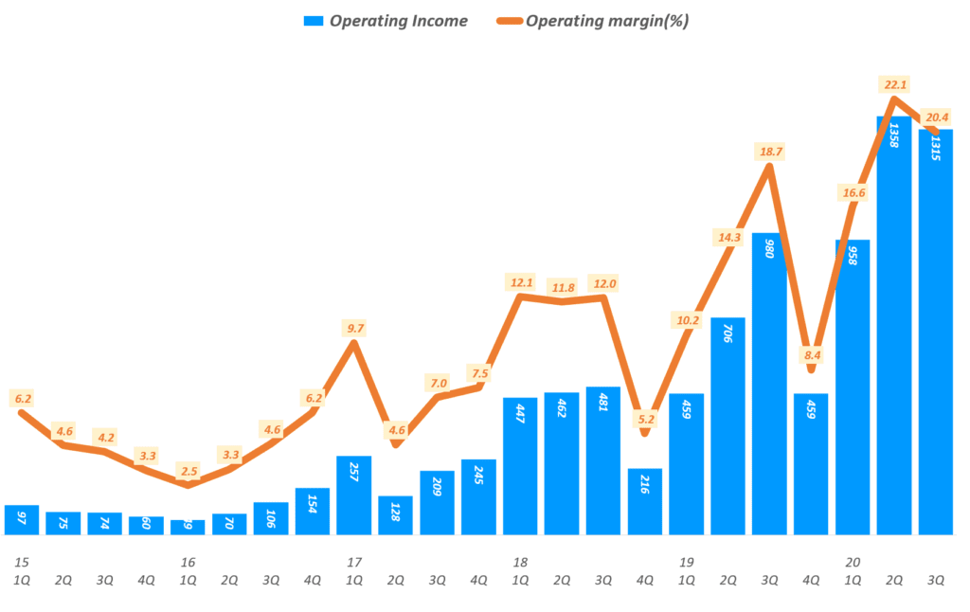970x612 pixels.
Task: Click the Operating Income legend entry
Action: tap(385, 22)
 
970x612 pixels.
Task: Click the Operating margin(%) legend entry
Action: tap(593, 22)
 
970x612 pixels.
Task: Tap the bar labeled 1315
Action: tap(935, 332)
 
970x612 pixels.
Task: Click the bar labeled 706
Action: tap(727, 426)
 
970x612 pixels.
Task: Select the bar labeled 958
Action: tap(853, 387)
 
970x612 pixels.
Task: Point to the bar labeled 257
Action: tap(354, 495)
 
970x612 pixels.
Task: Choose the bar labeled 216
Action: tap(645, 501)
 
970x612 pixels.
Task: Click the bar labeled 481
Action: tap(603, 460)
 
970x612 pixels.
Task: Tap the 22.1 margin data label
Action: tap(893, 85)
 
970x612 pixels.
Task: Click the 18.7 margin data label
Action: tap(769, 152)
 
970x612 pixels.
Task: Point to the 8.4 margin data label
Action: tap(811, 356)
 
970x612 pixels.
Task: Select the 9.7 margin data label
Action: tap(354, 329)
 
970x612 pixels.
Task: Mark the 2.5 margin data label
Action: tap(188, 471)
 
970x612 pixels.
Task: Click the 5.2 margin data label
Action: tap(645, 419)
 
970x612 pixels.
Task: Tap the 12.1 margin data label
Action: tap(520, 282)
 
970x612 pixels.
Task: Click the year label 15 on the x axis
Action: tap(21, 563)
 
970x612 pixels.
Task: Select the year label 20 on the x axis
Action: tap(853, 563)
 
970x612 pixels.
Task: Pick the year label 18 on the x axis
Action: tap(520, 563)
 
